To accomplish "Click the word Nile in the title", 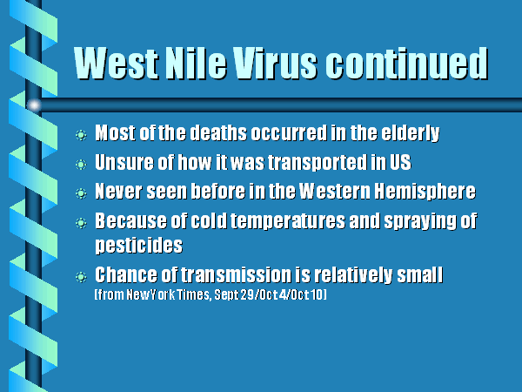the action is (x=196, y=63).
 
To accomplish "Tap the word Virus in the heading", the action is (x=274, y=63).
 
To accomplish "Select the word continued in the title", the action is (x=406, y=63).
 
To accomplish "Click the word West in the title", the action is (x=117, y=63).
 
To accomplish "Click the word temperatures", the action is (x=288, y=221).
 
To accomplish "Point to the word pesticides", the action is (x=139, y=246).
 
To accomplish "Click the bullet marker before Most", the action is (x=81, y=135).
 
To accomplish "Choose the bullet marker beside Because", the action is (x=81, y=223).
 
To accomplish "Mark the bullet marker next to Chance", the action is (x=81, y=277).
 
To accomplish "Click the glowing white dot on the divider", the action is (x=34, y=105).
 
